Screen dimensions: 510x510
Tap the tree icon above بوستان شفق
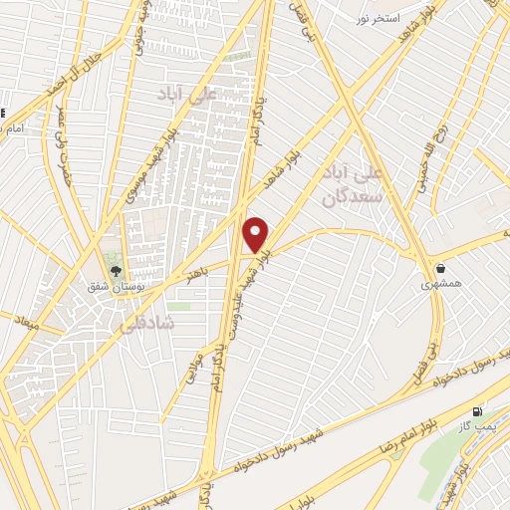(x=117, y=270)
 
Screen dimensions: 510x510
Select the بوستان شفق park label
(x=117, y=286)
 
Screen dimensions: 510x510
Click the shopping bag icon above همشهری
(x=440, y=268)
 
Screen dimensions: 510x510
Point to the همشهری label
(x=440, y=284)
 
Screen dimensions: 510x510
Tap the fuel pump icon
(x=477, y=410)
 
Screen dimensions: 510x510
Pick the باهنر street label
(x=197, y=269)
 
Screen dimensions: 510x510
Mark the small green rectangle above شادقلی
(x=178, y=306)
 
